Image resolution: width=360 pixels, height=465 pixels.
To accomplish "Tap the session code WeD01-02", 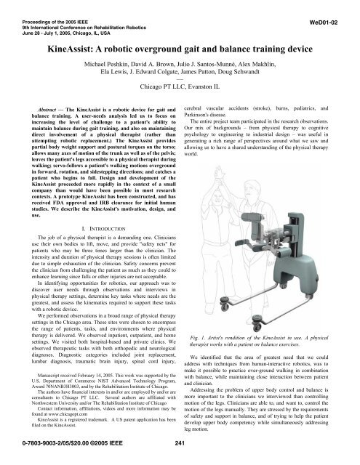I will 334,13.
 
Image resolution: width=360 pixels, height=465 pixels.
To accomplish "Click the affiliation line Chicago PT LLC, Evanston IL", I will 179,94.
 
